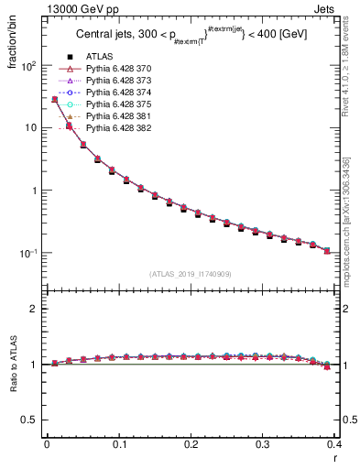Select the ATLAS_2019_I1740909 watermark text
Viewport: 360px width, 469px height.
[191, 274]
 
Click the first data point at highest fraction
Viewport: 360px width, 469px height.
[54, 99]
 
